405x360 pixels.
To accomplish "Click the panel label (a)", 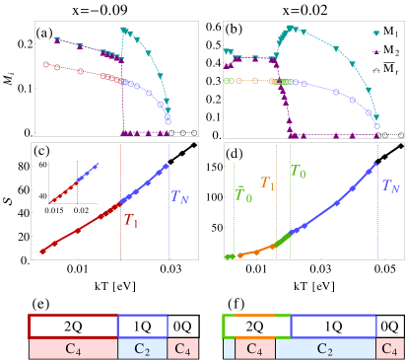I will [43, 33].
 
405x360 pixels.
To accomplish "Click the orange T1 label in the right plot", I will [268, 183].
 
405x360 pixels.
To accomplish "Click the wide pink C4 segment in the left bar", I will [73, 348].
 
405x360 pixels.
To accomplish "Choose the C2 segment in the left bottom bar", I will [143, 348].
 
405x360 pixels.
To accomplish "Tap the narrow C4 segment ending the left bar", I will [183, 348].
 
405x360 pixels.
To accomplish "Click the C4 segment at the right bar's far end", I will [389, 348].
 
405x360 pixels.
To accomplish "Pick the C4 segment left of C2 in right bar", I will [255, 348].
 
